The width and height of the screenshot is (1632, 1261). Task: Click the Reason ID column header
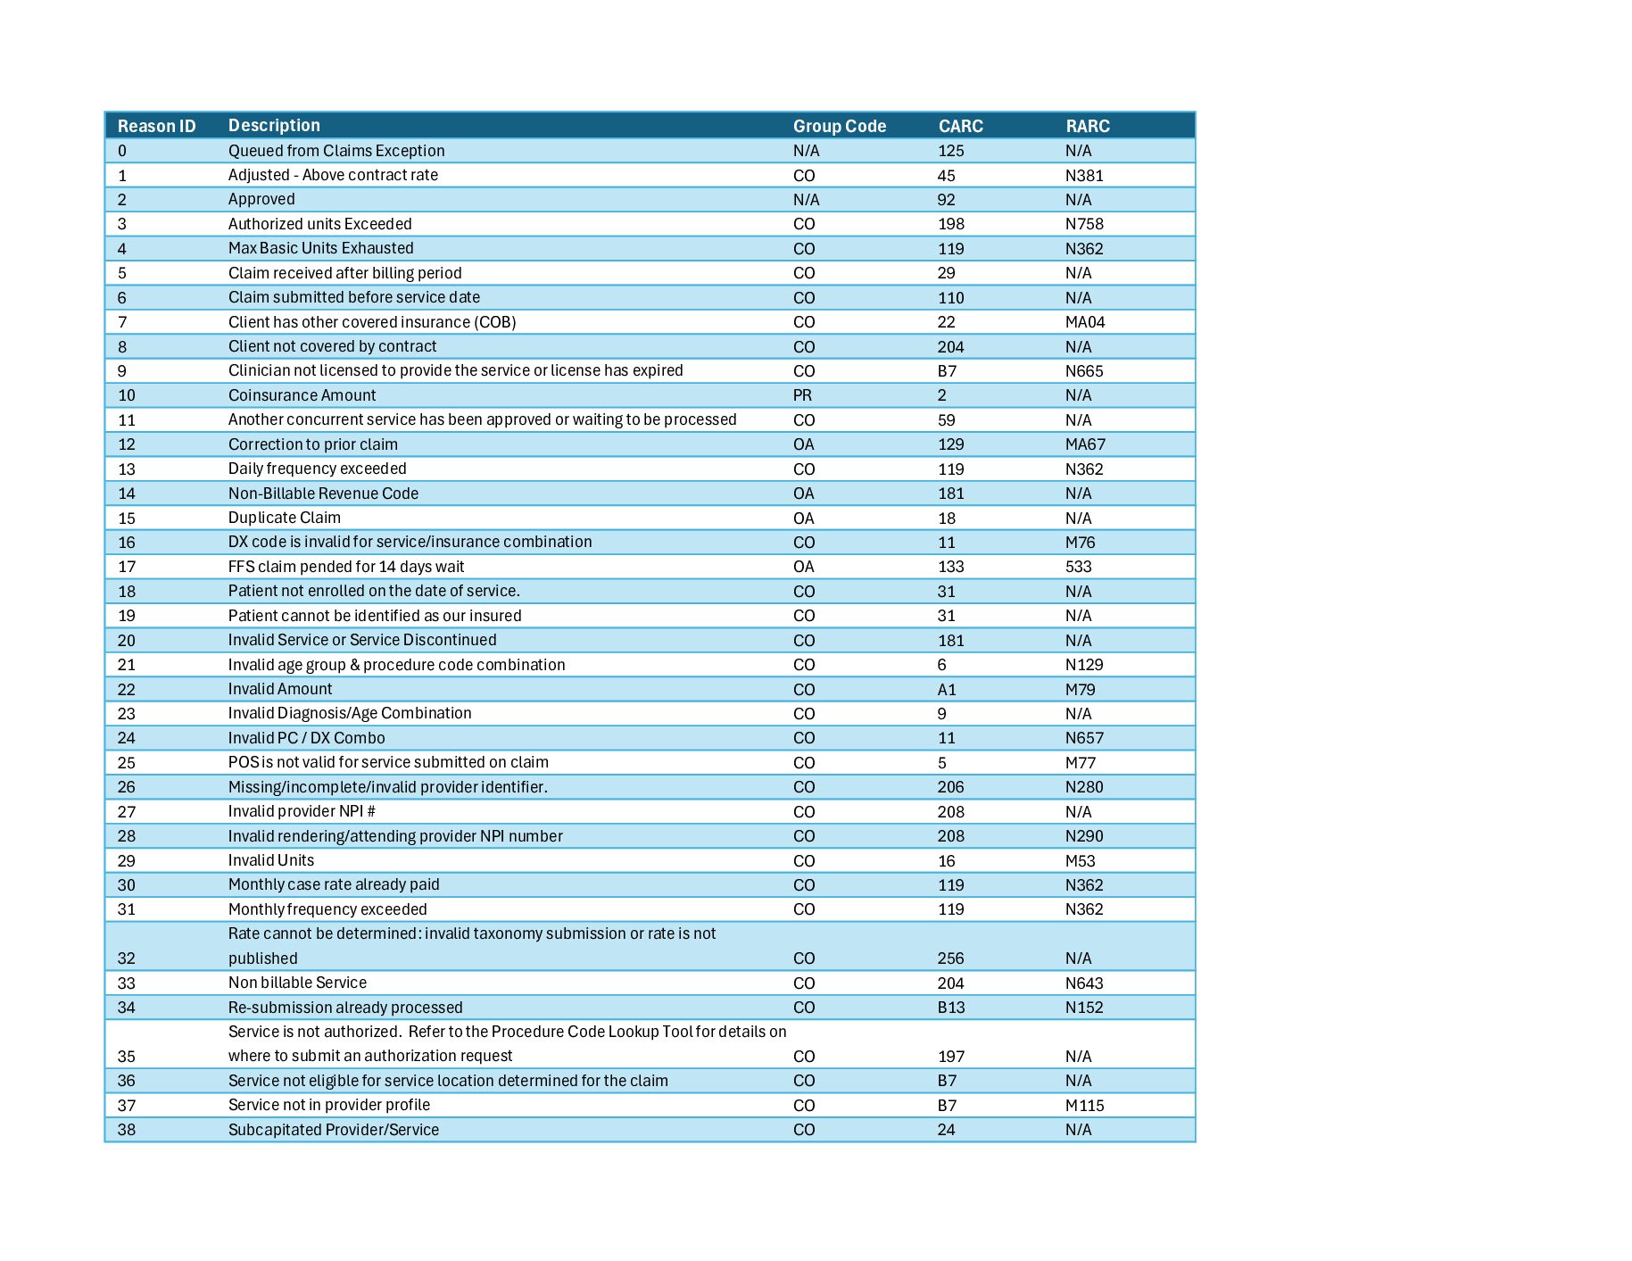click(x=156, y=126)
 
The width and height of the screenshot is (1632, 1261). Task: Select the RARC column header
click(x=1088, y=126)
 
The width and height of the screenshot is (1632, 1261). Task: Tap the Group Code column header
click(x=840, y=126)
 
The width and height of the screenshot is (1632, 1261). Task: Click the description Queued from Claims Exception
click(x=336, y=151)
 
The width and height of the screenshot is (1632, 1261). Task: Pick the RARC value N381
click(x=1084, y=176)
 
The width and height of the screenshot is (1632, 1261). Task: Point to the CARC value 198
click(x=951, y=224)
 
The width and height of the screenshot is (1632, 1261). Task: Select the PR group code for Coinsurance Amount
click(x=803, y=395)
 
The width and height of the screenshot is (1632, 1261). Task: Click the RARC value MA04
click(x=1085, y=322)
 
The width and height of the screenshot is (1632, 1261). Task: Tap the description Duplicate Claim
click(x=285, y=518)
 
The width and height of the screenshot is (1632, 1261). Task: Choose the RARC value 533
click(x=1079, y=567)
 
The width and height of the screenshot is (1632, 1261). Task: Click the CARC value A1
click(x=947, y=689)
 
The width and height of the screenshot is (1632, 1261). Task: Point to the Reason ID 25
click(x=127, y=763)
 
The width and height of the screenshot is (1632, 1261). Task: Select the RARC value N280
click(x=1084, y=787)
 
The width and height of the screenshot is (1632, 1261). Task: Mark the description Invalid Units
click(x=271, y=860)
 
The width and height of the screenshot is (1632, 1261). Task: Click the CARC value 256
click(x=951, y=958)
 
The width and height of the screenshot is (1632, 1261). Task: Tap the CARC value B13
click(x=951, y=1008)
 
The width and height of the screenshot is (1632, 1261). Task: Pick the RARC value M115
click(x=1085, y=1106)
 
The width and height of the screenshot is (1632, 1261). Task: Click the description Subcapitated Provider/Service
click(x=334, y=1130)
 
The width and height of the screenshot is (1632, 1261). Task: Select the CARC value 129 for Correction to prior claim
click(x=951, y=444)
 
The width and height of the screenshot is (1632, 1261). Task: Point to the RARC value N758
click(x=1084, y=224)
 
